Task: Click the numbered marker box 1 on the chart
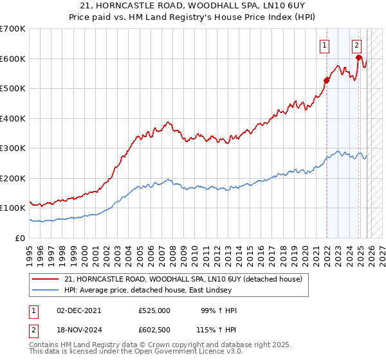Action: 324,46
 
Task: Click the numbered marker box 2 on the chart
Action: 356,45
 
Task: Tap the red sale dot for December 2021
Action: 326,80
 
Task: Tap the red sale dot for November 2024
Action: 359,57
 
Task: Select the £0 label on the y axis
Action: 19,238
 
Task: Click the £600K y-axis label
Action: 13,59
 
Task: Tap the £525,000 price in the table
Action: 154,310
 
